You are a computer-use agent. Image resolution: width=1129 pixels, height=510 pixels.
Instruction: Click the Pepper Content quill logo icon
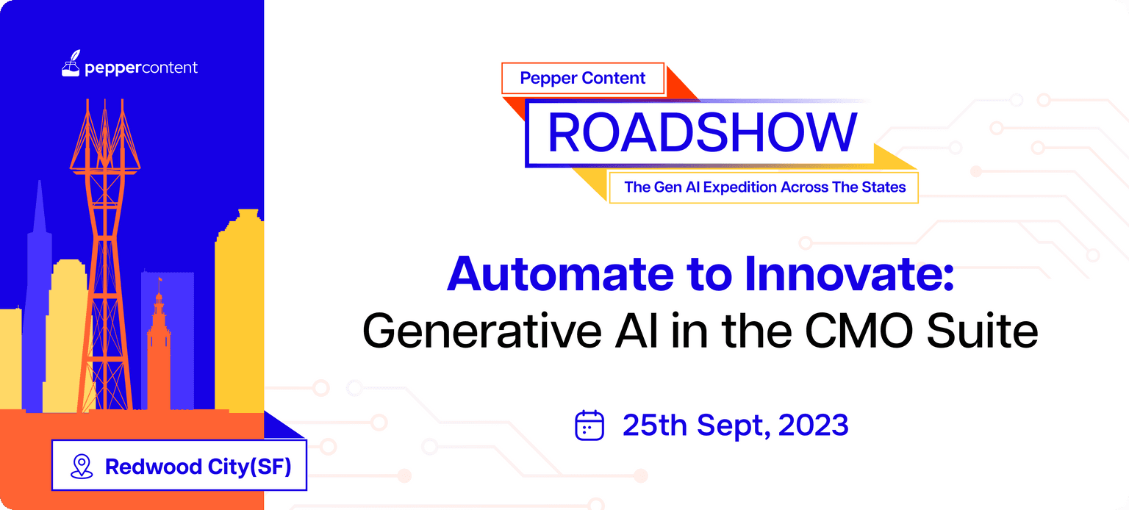(x=71, y=63)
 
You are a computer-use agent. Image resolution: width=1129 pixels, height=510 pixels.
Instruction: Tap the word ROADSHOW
(x=702, y=132)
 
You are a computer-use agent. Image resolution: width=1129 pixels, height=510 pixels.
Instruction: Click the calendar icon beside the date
(x=589, y=425)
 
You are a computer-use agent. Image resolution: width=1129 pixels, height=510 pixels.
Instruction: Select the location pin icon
(x=82, y=466)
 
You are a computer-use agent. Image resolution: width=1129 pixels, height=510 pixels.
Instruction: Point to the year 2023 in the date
(x=814, y=425)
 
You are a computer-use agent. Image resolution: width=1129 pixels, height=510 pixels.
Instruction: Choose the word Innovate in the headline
(x=849, y=273)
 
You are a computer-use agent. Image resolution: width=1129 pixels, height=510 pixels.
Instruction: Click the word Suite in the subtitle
(x=982, y=331)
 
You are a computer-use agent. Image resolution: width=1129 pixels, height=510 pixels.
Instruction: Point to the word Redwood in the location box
(x=153, y=467)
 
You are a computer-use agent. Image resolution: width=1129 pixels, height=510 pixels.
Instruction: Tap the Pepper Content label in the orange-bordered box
(x=583, y=78)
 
